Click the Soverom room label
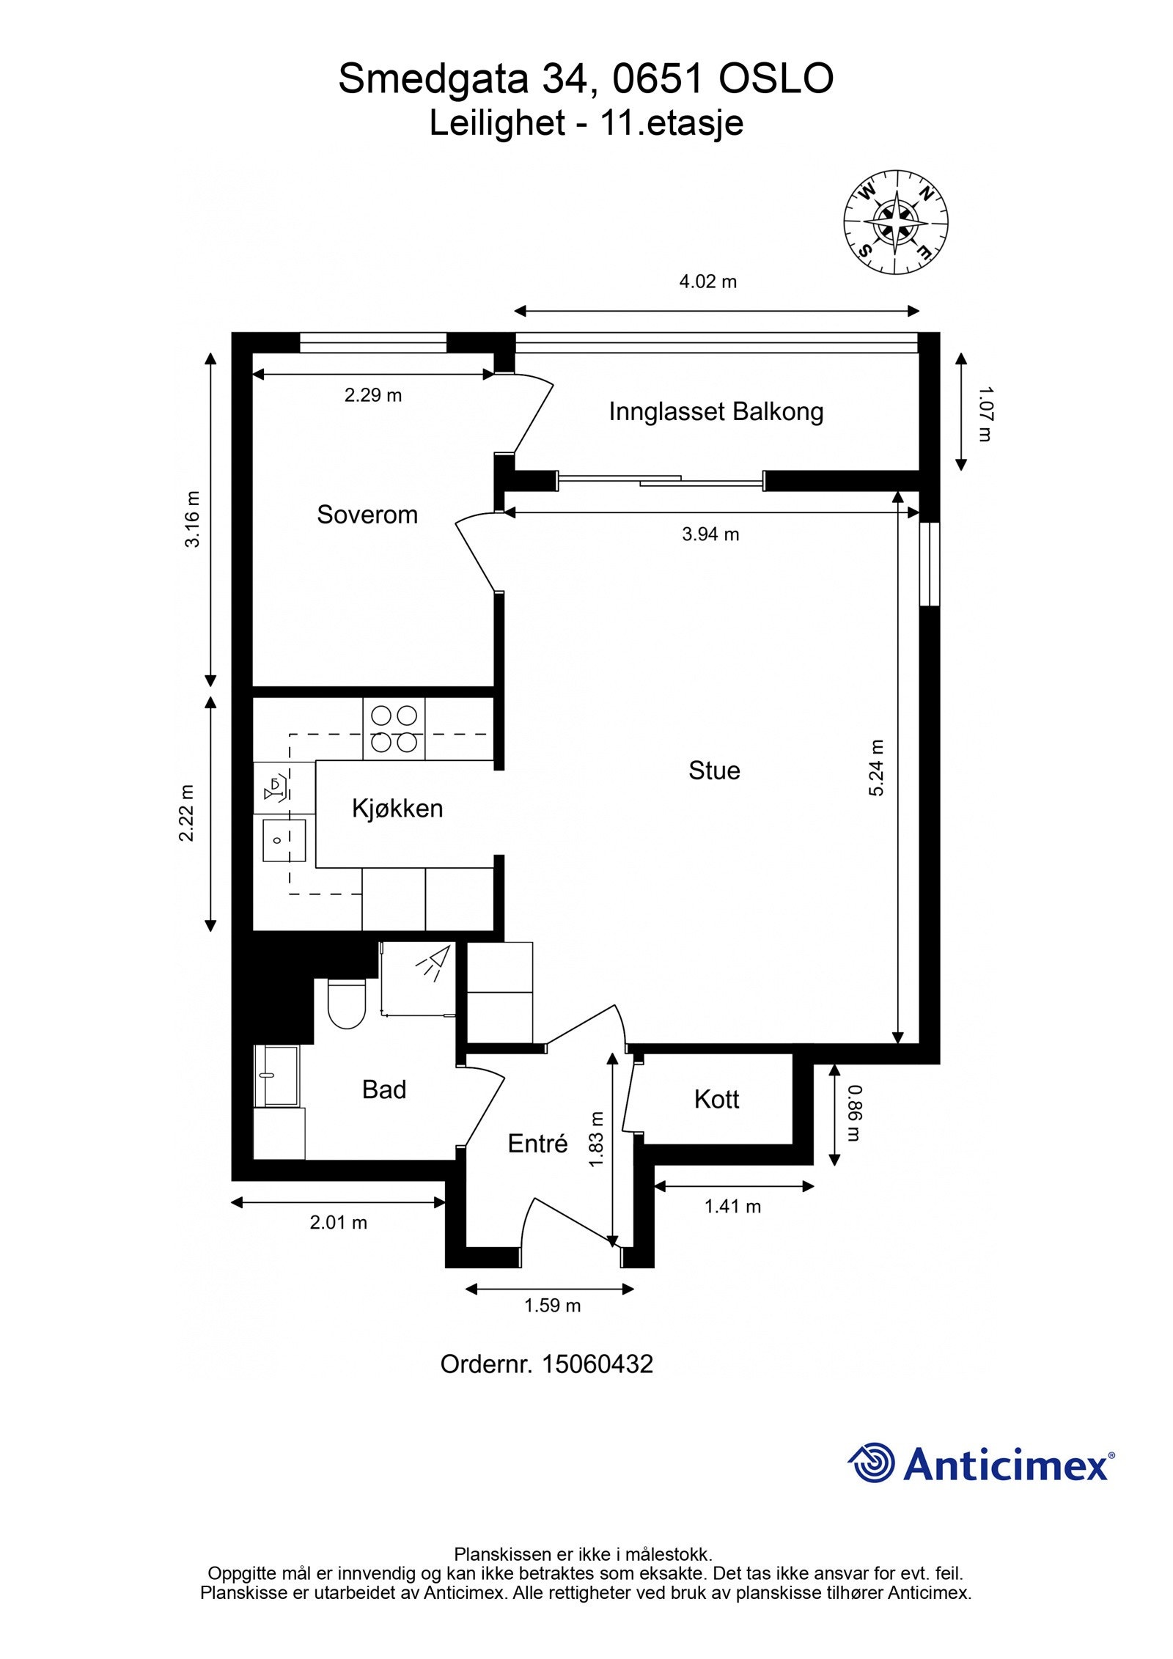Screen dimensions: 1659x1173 [x=367, y=515]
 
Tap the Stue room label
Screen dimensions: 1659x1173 [x=713, y=770]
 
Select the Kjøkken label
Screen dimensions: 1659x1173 [x=397, y=809]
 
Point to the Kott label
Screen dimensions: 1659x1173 [x=716, y=1100]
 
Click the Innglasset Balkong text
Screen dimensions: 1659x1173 [x=716, y=412]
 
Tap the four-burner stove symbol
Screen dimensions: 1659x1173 [x=394, y=729]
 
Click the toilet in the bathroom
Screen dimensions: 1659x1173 [x=346, y=1004]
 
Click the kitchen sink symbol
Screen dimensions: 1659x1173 [x=284, y=840]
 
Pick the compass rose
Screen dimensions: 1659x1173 [x=895, y=223]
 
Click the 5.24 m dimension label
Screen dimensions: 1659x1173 [x=877, y=768]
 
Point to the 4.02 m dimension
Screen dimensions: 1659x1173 [x=707, y=282]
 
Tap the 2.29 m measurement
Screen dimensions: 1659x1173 [x=373, y=396]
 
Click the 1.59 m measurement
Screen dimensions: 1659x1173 [x=552, y=1306]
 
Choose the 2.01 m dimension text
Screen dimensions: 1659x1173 [x=338, y=1223]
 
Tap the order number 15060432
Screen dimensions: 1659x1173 [x=597, y=1364]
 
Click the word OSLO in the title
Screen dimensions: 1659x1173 [x=776, y=79]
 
